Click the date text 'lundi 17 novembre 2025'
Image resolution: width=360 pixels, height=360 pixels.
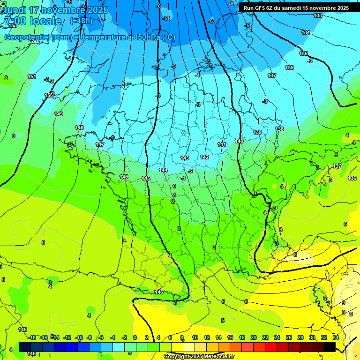[55, 10]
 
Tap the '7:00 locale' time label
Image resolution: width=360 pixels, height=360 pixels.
[32, 21]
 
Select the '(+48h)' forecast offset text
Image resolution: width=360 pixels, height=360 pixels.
[81, 21]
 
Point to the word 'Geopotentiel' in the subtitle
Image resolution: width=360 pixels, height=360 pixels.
[26, 37]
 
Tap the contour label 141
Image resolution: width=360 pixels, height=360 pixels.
[222, 144]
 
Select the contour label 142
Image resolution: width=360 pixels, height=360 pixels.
[204, 157]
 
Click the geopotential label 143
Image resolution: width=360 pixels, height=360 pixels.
[185, 158]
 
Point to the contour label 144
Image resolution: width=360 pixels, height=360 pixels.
[163, 170]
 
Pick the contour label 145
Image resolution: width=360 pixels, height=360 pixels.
[146, 179]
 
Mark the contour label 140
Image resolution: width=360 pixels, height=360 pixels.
[239, 141]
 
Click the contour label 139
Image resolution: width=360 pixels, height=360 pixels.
[257, 133]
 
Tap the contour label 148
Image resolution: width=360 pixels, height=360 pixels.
[79, 128]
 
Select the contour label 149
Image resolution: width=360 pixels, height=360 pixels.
[59, 114]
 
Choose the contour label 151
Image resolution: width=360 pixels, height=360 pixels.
[32, 76]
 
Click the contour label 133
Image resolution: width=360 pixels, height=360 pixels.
[318, 16]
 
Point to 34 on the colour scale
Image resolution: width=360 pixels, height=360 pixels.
[336, 337]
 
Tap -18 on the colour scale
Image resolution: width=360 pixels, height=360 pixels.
[32, 337]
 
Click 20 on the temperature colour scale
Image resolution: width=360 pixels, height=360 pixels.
[253, 337]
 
